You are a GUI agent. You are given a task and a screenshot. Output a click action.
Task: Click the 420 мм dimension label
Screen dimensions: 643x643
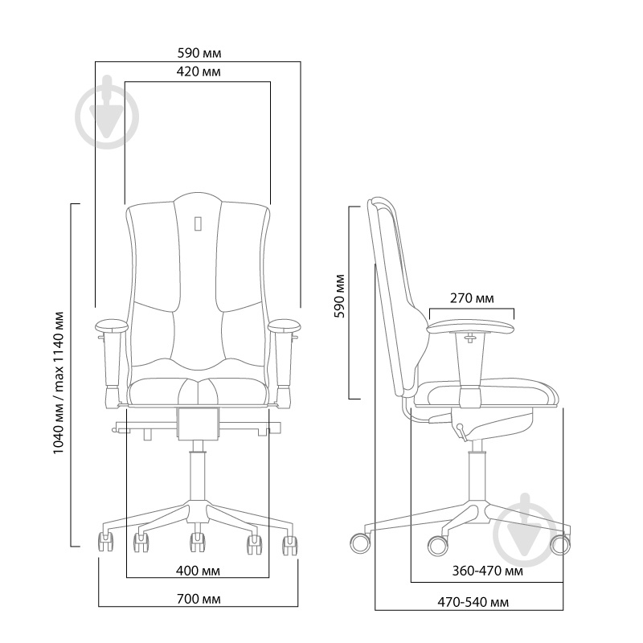pos(199,72)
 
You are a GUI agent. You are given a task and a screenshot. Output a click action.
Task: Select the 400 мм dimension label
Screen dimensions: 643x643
pos(198,571)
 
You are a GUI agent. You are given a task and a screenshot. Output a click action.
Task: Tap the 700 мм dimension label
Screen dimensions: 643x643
pos(199,599)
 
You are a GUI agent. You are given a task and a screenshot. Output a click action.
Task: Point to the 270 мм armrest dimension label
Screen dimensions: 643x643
pos(472,298)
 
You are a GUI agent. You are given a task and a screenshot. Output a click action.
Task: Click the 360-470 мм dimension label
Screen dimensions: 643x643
pos(488,571)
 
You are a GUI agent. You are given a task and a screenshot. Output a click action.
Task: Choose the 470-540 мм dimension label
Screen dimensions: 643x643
pos(473,602)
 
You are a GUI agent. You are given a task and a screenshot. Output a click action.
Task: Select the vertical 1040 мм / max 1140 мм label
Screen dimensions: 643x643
pos(59,383)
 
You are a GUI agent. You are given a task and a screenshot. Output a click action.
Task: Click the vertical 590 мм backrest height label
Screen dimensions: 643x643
pos(340,296)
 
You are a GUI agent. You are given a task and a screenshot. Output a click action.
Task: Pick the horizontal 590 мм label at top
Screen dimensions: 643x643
pos(199,53)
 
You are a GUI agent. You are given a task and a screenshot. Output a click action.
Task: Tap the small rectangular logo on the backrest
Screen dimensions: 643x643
pos(198,224)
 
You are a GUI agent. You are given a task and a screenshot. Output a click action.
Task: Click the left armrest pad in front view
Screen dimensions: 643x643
pos(112,326)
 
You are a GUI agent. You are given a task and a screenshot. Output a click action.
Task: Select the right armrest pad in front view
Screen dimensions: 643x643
pos(285,326)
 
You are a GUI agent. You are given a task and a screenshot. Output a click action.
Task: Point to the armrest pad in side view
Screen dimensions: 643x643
pos(470,328)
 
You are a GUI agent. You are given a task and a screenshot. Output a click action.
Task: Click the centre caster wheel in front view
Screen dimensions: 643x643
pos(198,542)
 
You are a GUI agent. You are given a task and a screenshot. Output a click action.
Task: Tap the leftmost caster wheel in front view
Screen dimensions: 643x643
pos(105,542)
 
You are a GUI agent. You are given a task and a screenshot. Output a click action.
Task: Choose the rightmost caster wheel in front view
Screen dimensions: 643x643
pos(290,546)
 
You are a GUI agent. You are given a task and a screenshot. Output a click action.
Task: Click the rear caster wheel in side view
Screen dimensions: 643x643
pos(360,543)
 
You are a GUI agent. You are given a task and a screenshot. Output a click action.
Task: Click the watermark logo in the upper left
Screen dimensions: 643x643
pos(107,112)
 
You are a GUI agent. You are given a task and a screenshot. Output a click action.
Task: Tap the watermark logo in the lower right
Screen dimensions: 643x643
pos(526,530)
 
